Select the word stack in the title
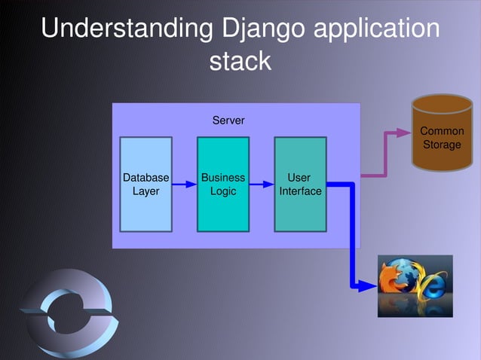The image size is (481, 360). coord(240,61)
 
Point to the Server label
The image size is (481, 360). coord(228,121)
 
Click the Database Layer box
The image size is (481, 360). coord(146,185)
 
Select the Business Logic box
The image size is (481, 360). coord(223,185)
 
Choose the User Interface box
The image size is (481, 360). coord(300,185)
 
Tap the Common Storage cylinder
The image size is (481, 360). coord(442,134)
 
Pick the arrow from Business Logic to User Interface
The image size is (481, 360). coord(261,184)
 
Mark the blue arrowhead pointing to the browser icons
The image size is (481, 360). coord(370,286)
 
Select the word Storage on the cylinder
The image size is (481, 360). coord(442,145)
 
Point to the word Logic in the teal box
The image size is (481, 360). coord(223,191)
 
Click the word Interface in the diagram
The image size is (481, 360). coord(300,191)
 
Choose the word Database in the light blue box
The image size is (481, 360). coord(146,178)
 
